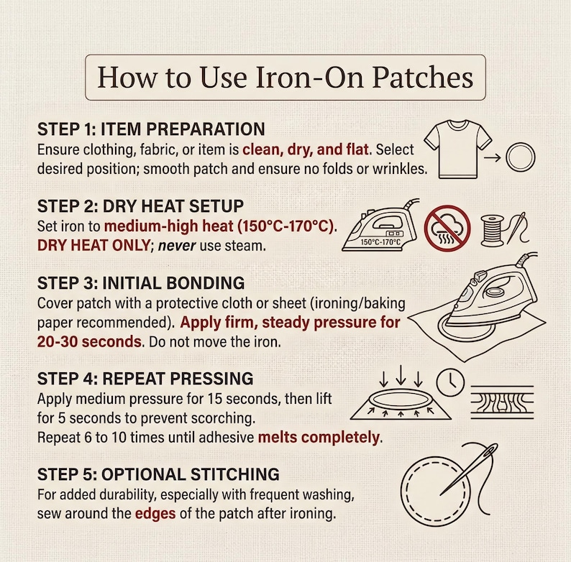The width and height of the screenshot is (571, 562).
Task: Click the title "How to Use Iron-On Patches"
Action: [285, 77]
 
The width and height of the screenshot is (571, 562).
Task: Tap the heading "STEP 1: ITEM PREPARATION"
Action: [151, 129]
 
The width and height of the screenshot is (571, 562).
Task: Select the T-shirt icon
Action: [458, 149]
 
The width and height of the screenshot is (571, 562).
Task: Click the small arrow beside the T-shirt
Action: [493, 158]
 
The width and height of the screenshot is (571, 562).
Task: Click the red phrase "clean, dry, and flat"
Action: [306, 149]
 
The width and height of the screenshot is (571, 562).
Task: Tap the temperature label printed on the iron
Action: [380, 242]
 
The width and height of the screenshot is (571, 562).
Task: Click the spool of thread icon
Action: [492, 231]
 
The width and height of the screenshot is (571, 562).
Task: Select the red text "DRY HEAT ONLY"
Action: [93, 246]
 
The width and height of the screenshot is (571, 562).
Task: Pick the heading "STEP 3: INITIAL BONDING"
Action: [141, 283]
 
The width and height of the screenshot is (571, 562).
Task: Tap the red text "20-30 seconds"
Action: [89, 342]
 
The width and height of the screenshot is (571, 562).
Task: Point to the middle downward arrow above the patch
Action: [401, 375]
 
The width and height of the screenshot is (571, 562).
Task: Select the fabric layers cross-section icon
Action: [502, 402]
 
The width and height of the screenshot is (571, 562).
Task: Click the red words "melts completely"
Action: [319, 438]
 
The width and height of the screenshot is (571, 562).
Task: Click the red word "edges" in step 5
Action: [155, 514]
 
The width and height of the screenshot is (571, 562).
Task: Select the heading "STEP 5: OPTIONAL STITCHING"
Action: [158, 474]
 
